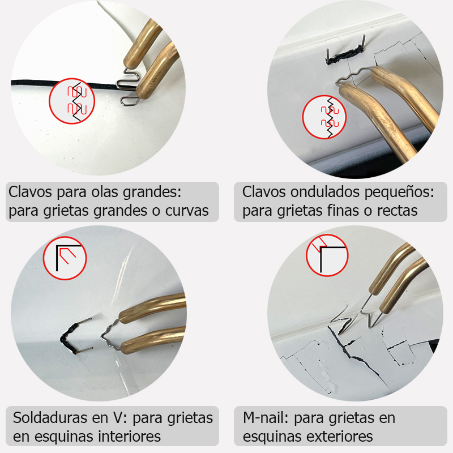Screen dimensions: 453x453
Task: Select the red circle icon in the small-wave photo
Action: (x=326, y=117)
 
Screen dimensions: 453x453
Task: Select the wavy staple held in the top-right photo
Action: (x=353, y=78)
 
